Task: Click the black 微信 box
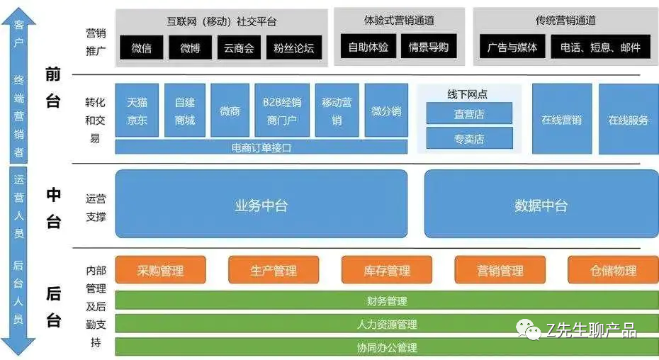(142, 48)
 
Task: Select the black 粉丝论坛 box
(294, 48)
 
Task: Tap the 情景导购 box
(428, 47)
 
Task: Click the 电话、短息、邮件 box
(600, 47)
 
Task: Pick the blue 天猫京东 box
(137, 111)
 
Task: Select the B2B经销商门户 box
(281, 111)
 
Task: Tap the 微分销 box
(386, 111)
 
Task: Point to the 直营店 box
(469, 114)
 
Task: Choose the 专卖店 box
(469, 138)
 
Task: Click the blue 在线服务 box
(628, 120)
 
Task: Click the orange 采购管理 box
(160, 270)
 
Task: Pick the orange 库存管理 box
(387, 270)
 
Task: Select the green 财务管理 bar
(386, 301)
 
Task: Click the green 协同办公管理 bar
(386, 347)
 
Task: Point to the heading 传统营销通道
(565, 20)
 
